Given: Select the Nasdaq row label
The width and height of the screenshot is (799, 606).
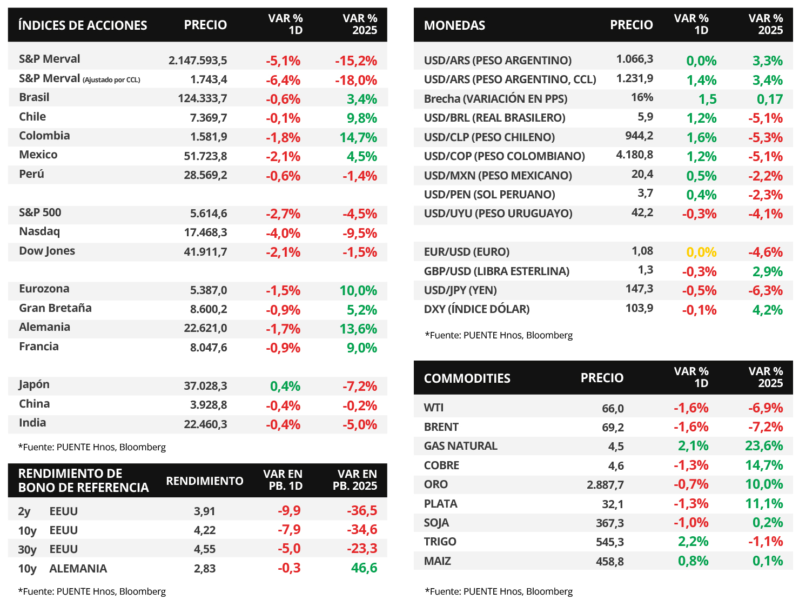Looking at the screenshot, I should click(39, 232).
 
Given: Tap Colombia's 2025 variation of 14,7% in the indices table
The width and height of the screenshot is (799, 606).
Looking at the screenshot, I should click(358, 137).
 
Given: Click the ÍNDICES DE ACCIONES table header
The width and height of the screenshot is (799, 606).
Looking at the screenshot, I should click(83, 25).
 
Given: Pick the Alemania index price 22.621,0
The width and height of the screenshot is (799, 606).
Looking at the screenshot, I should click(205, 329).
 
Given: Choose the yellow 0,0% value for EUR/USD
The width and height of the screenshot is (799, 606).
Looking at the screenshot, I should click(701, 252).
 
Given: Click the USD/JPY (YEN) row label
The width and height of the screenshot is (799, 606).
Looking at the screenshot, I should click(460, 290).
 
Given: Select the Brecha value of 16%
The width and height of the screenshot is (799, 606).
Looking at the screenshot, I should click(642, 98).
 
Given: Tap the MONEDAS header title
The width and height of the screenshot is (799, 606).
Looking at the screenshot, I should click(454, 25).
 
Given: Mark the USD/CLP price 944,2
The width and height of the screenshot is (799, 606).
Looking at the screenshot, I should click(639, 136).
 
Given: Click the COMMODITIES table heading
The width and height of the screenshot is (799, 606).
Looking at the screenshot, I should click(467, 378).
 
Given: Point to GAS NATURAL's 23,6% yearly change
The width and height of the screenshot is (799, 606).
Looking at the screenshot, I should click(764, 446).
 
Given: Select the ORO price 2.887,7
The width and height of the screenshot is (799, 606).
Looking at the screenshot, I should click(605, 484).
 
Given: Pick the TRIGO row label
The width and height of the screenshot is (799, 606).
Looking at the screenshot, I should click(440, 542).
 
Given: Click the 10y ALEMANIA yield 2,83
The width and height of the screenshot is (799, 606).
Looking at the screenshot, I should click(205, 569).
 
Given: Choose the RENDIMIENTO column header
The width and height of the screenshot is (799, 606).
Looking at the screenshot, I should click(205, 481).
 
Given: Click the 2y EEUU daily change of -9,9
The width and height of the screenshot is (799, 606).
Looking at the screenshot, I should click(289, 511).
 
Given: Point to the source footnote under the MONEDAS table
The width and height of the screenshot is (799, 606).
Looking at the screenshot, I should click(499, 335).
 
